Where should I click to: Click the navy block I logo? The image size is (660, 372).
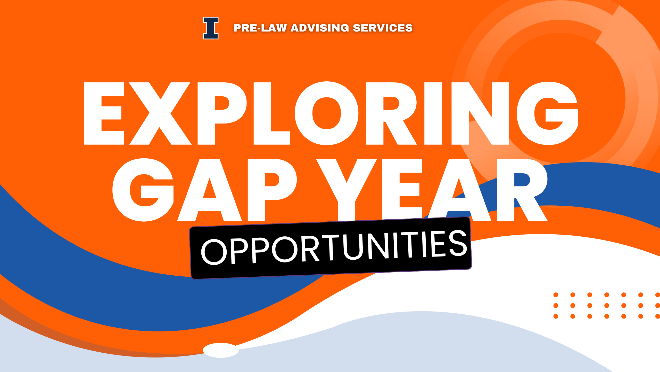211,28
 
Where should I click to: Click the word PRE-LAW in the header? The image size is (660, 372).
260,28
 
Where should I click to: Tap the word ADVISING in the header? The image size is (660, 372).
320,28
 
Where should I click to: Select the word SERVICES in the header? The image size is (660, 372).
383,28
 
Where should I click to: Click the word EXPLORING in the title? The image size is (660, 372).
331,113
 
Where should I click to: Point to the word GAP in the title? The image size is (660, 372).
204,190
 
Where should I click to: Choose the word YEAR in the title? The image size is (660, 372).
432,190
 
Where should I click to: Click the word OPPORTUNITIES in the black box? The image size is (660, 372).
334,247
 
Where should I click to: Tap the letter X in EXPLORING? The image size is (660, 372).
160,113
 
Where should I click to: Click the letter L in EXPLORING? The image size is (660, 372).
272,113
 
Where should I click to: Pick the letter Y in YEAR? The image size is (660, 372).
346,190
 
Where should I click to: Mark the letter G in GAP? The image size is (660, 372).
143,190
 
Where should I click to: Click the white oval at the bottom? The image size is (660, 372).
221,350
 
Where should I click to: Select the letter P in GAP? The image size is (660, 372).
272,190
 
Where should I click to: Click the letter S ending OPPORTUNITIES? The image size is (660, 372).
458,243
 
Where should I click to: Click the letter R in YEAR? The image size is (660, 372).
522,190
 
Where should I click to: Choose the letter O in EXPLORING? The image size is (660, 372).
327,113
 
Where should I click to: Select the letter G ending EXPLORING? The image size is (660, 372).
548,113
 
